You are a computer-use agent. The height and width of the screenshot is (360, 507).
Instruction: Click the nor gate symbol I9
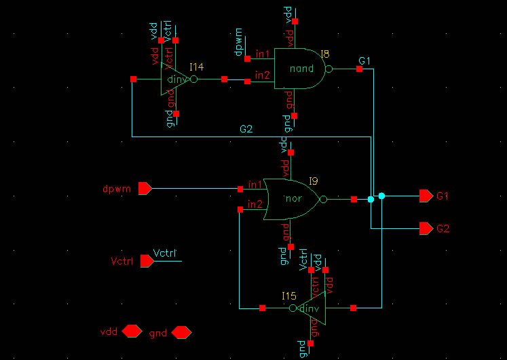291,200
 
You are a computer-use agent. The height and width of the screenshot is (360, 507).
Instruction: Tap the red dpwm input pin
145,189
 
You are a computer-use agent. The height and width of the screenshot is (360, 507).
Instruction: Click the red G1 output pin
426,196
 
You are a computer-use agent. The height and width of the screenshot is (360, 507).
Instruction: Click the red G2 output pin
426,228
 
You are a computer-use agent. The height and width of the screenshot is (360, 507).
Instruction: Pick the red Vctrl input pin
146,261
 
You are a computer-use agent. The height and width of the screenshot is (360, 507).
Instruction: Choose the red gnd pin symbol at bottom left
181,332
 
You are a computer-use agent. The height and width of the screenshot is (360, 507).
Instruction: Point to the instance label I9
313,181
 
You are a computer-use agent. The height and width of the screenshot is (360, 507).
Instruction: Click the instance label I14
196,67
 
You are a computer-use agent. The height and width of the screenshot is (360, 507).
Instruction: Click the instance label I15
289,296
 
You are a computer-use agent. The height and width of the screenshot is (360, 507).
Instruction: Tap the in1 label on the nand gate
263,54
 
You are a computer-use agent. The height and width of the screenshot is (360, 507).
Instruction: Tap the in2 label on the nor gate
255,204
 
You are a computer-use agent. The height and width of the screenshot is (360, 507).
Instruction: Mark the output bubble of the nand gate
329,69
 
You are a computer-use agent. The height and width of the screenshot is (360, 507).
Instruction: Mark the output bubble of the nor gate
323,200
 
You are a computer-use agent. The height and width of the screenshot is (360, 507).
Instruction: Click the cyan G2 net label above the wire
246,129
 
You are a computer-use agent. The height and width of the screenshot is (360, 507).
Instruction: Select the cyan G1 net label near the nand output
364,61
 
